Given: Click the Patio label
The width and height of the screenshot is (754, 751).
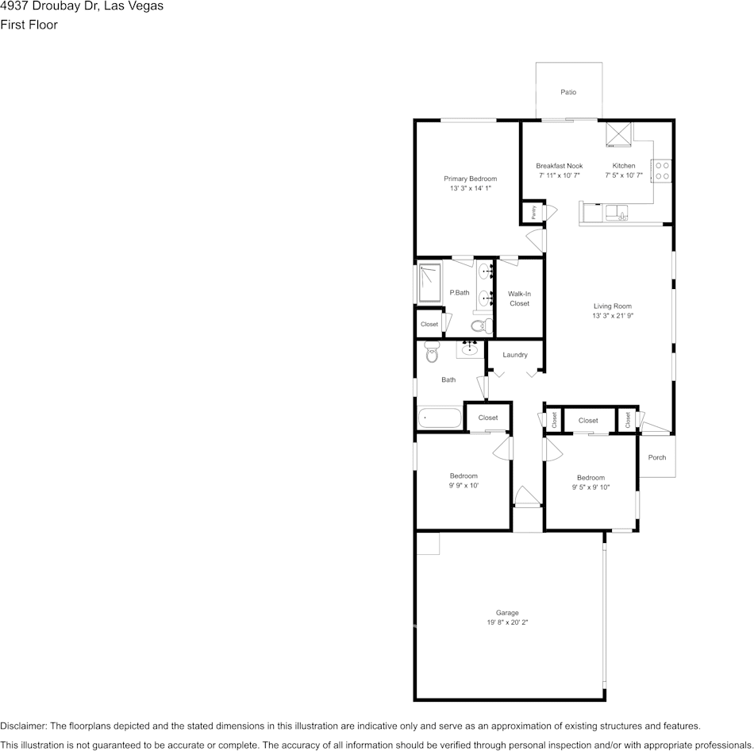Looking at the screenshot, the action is pyautogui.click(x=568, y=92).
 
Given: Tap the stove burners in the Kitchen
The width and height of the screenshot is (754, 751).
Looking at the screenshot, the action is pyautogui.click(x=662, y=171).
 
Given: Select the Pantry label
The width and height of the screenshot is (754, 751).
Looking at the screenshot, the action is pyautogui.click(x=534, y=212).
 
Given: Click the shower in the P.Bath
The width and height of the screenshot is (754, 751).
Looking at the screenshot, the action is pyautogui.click(x=429, y=283).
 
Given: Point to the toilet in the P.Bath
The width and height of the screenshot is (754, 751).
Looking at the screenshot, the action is pyautogui.click(x=482, y=325).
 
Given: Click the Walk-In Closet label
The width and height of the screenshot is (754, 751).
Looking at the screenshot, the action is pyautogui.click(x=519, y=298).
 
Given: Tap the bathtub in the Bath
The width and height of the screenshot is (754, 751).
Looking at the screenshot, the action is pyautogui.click(x=440, y=418).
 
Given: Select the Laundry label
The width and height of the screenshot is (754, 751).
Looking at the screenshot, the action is pyautogui.click(x=515, y=355).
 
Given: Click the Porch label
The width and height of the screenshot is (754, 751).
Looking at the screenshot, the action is pyautogui.click(x=657, y=457).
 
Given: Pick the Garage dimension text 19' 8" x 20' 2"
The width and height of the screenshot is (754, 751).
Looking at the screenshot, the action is pyautogui.click(x=507, y=622).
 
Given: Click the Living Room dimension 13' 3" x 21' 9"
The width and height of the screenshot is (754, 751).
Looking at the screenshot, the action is pyautogui.click(x=613, y=316).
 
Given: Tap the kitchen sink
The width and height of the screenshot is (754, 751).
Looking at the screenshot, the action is pyautogui.click(x=617, y=213).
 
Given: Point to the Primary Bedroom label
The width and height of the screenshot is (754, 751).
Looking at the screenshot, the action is pyautogui.click(x=471, y=179).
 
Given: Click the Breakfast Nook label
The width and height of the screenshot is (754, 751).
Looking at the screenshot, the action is pyautogui.click(x=560, y=165).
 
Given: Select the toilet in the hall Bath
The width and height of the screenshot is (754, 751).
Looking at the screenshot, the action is pyautogui.click(x=432, y=352).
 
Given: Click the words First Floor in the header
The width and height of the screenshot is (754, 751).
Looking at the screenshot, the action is pyautogui.click(x=29, y=25).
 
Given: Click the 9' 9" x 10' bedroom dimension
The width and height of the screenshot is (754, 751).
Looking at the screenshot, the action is pyautogui.click(x=464, y=485).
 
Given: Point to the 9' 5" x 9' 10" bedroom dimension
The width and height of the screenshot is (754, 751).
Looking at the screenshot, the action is pyautogui.click(x=591, y=487).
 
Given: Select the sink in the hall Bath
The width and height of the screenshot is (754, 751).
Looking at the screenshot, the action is pyautogui.click(x=470, y=349).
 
